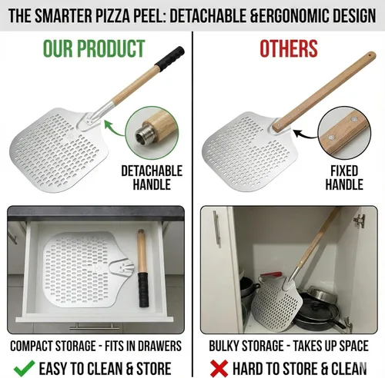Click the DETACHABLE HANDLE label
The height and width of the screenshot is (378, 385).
pos(152,177)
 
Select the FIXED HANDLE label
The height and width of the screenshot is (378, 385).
pos(343,177)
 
